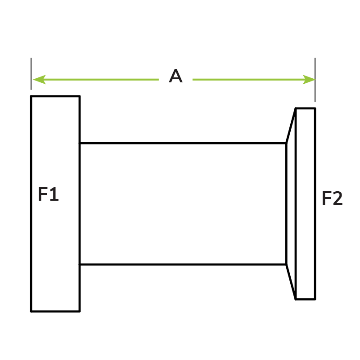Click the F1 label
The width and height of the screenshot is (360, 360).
pyautogui.click(x=48, y=194)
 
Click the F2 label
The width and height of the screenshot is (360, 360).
pyautogui.click(x=332, y=198)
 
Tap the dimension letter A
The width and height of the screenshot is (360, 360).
pyautogui.click(x=175, y=76)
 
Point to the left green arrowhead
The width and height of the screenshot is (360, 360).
pyautogui.click(x=40, y=80)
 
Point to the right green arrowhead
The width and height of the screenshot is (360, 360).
pyautogui.click(x=309, y=80)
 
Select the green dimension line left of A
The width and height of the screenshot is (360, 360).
pyautogui.click(x=96, y=80)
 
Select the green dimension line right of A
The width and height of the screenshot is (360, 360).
pyautogui.click(x=254, y=80)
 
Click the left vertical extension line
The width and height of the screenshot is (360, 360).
pyautogui.click(x=31, y=74)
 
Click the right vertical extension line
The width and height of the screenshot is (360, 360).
pyautogui.click(x=315, y=80)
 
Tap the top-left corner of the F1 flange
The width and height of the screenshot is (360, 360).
pyautogui.click(x=31, y=96)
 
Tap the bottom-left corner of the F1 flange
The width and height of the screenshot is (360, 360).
pyautogui.click(x=31, y=311)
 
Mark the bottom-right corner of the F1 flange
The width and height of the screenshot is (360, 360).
pyautogui.click(x=80, y=311)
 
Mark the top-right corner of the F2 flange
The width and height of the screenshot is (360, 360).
pyautogui.click(x=315, y=108)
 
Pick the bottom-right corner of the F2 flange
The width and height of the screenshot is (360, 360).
pyautogui.click(x=315, y=299)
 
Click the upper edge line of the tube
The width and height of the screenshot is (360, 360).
pyautogui.click(x=183, y=143)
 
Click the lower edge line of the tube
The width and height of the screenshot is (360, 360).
pyautogui.click(x=183, y=265)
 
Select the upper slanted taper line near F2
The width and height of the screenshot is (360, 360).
pyautogui.click(x=291, y=126)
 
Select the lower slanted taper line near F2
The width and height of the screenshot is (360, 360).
pyautogui.click(x=291, y=282)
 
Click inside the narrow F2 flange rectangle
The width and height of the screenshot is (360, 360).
pyautogui.click(x=306, y=204)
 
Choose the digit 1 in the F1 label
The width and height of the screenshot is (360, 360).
pyautogui.click(x=54, y=194)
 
